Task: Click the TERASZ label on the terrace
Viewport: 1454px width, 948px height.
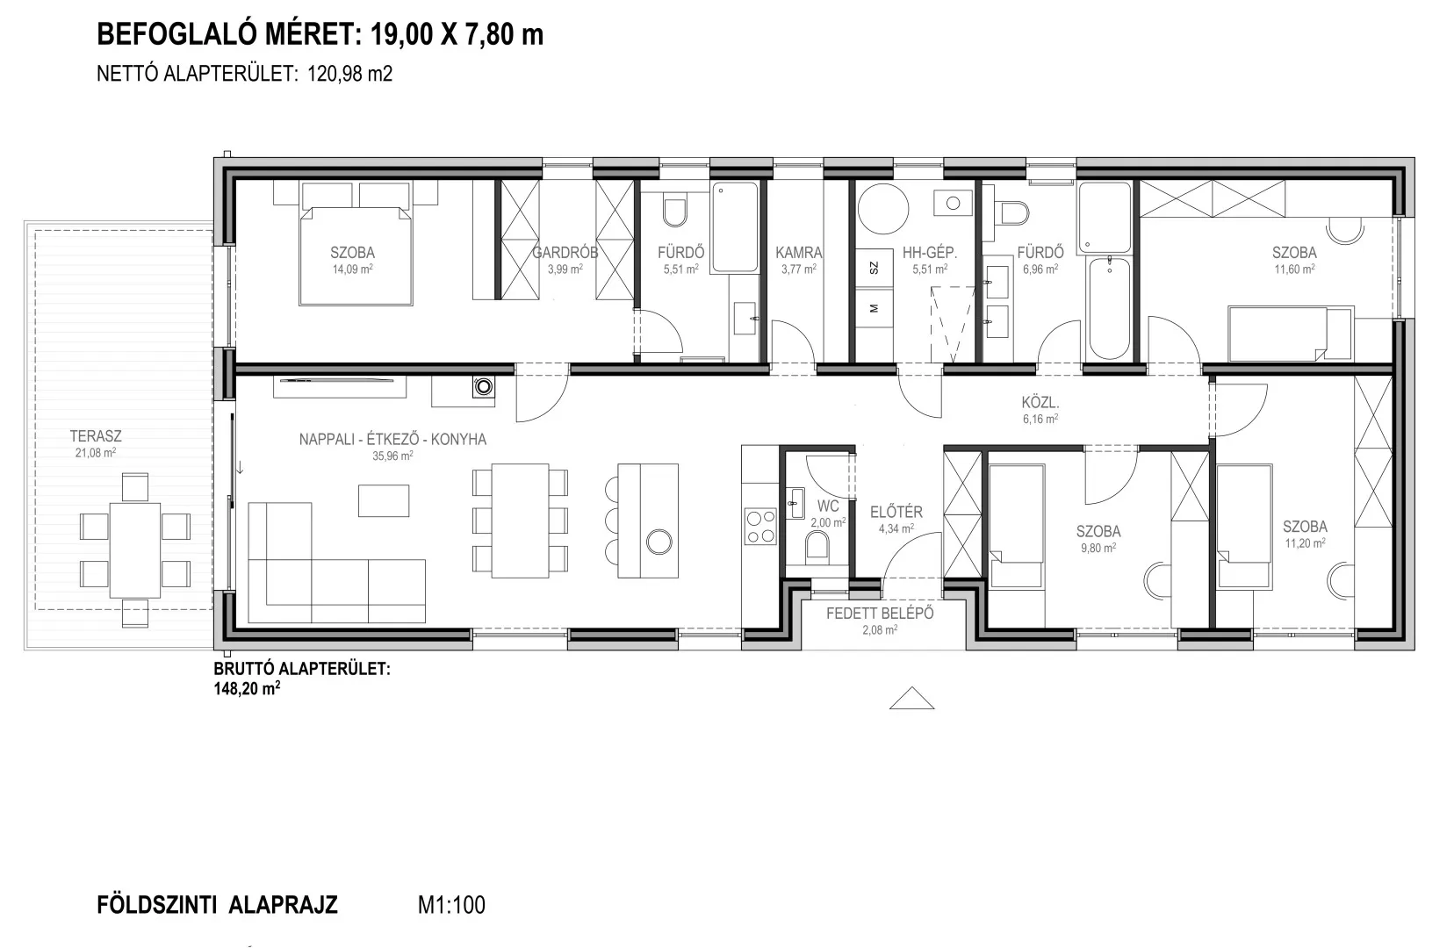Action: (96, 436)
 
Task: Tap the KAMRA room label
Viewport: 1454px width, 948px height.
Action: (798, 253)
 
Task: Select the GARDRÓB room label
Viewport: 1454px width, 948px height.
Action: (565, 253)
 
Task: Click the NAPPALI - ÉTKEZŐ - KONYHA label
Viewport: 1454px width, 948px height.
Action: (392, 439)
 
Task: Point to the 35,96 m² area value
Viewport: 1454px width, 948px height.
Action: (392, 456)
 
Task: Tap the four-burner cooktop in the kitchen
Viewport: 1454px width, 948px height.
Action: (760, 527)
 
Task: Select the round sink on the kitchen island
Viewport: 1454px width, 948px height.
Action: (659, 542)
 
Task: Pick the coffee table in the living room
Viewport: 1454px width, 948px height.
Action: (384, 500)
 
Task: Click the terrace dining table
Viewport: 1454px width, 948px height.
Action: (135, 550)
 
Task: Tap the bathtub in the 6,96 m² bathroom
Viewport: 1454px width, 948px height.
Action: (1109, 308)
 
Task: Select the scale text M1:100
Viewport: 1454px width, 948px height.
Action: (451, 904)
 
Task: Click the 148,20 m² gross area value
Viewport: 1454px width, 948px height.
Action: (247, 688)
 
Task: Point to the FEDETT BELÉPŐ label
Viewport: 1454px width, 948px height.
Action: (880, 614)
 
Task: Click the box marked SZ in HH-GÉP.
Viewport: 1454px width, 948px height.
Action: (874, 268)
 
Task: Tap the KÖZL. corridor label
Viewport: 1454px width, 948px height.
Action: (1040, 403)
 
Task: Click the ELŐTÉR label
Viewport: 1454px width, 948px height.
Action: (896, 512)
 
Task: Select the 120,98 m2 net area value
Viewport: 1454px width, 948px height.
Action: (349, 74)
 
